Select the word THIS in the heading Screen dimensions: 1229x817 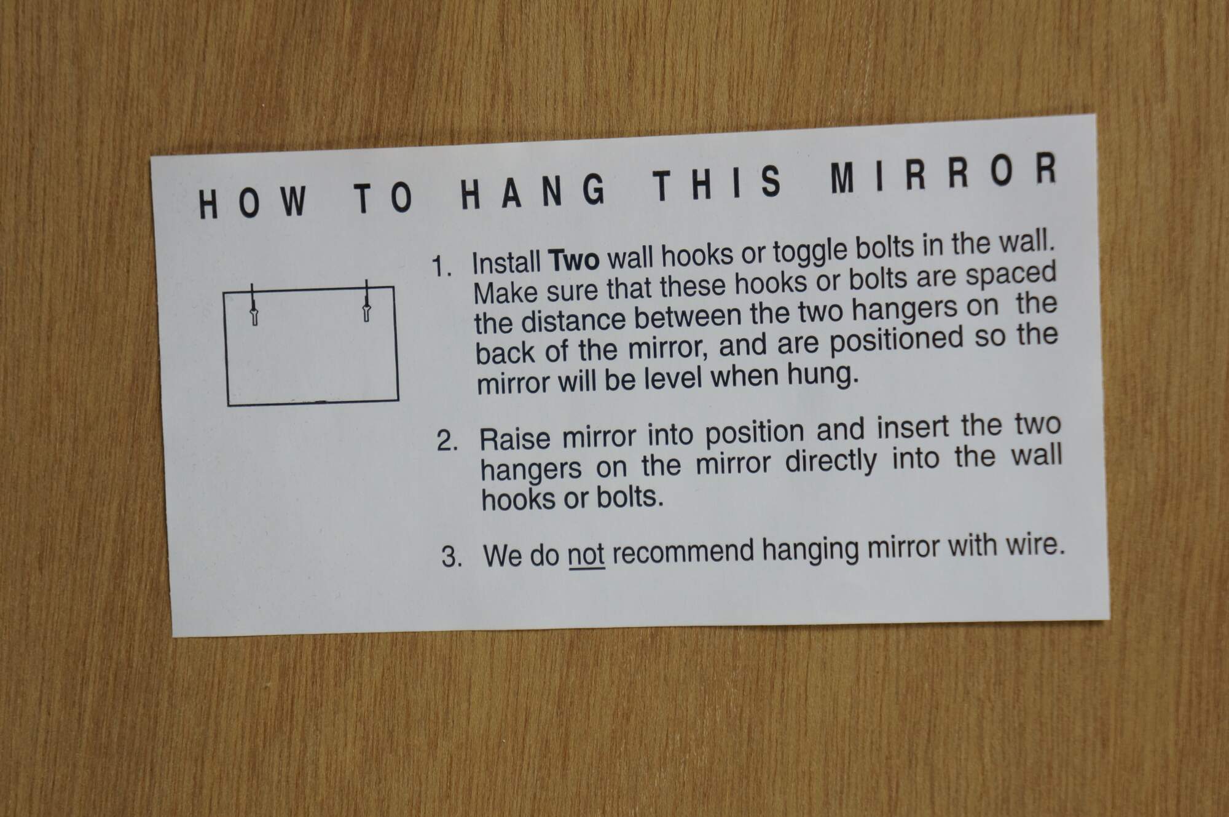click(x=717, y=183)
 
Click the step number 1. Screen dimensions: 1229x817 click(x=442, y=267)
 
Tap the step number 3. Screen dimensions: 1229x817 click(x=452, y=557)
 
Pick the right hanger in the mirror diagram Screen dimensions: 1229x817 click(x=367, y=302)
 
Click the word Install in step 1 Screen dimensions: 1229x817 click(x=506, y=264)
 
